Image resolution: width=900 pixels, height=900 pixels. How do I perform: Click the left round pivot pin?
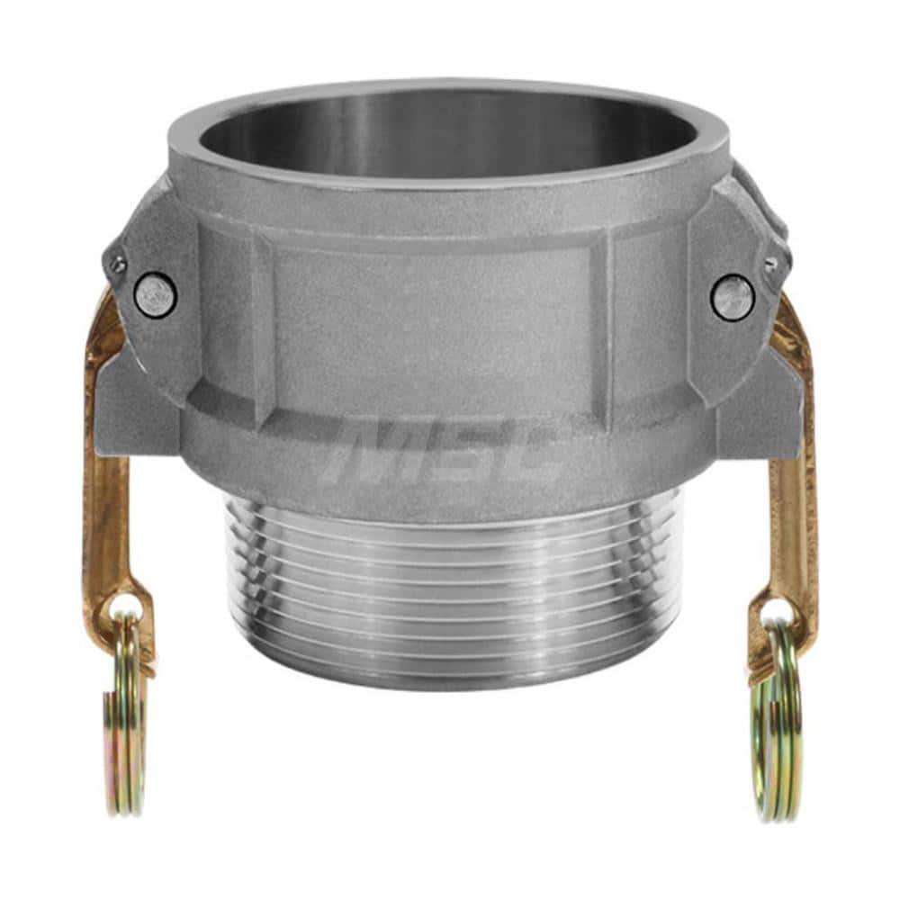(x=155, y=295)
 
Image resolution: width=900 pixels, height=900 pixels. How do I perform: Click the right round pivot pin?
(x=733, y=297)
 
